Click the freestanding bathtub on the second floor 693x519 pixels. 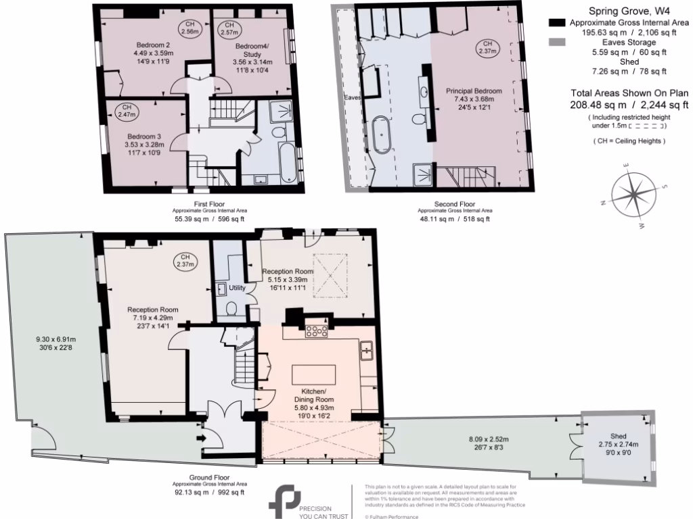click(x=382, y=134)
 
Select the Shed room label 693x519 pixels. click(x=617, y=436)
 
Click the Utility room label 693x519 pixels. click(x=237, y=288)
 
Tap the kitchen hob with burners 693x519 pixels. click(x=317, y=330)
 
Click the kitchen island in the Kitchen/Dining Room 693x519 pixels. click(x=313, y=374)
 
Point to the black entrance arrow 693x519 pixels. click(x=201, y=438)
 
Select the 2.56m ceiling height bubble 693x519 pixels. click(x=190, y=28)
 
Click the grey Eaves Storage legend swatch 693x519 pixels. click(x=556, y=42)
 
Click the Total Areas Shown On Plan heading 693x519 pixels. click(x=629, y=93)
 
